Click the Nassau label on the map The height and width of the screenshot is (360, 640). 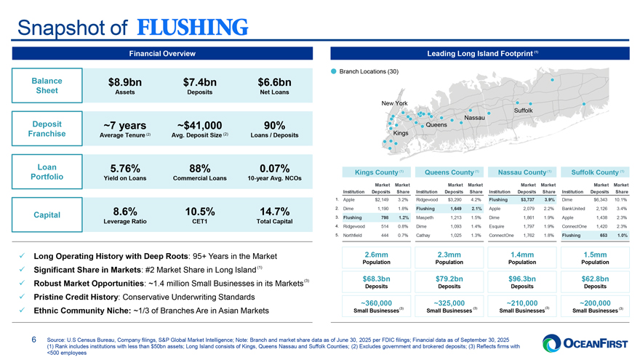(x=474, y=118)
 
